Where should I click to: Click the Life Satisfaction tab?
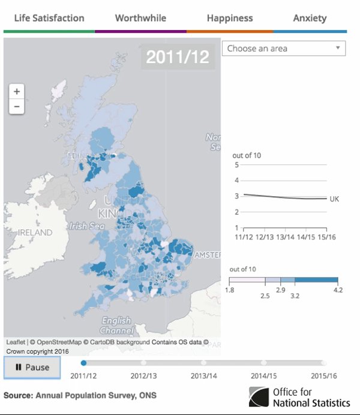[x=49, y=18]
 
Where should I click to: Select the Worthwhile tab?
[x=140, y=18]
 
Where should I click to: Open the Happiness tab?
[x=230, y=18]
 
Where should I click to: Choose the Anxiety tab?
[x=310, y=18]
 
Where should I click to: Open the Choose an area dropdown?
[x=283, y=49]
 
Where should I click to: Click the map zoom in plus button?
[x=17, y=92]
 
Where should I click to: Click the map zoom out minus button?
[x=17, y=107]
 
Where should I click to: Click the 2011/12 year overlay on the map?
[x=178, y=57]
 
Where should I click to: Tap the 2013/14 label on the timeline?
[x=203, y=376]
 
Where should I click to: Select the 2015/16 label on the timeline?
[x=323, y=376]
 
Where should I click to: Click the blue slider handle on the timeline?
[x=83, y=362]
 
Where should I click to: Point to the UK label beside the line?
[x=334, y=199]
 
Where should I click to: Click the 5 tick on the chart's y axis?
[x=236, y=165]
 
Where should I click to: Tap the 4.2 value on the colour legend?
[x=338, y=290]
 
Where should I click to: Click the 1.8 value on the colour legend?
[x=230, y=290]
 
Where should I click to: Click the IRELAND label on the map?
[x=35, y=232]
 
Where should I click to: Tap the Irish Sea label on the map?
[x=86, y=226]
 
